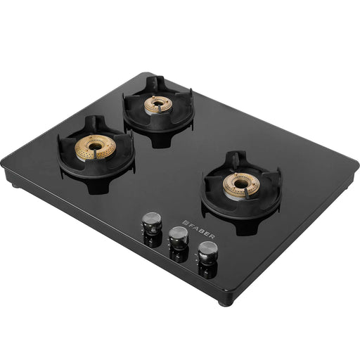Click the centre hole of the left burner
point(95,146)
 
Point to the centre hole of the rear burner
point(157,103)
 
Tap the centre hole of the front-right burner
point(240,184)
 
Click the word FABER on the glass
point(200,230)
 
